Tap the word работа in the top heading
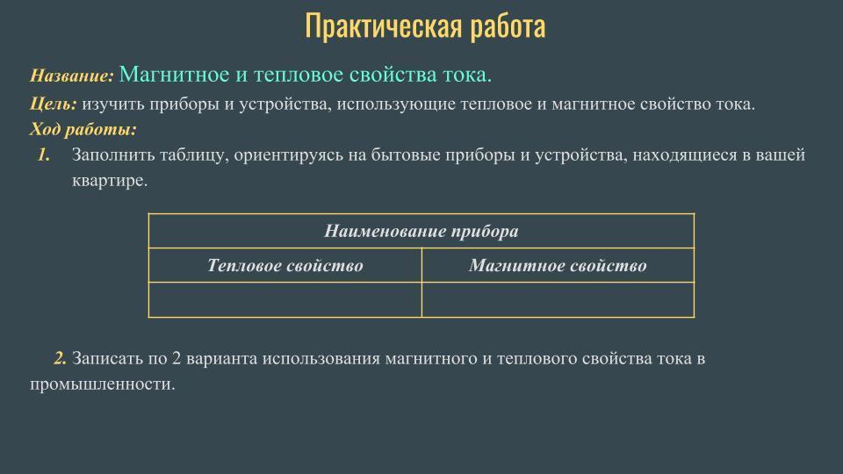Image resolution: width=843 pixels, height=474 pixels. (508, 26)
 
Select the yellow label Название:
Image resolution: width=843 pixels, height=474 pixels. (72, 75)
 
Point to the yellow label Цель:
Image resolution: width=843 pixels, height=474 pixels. (54, 104)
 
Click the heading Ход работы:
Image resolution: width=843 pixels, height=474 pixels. (83, 129)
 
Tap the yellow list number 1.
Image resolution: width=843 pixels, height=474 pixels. (44, 154)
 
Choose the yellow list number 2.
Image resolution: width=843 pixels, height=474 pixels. (61, 358)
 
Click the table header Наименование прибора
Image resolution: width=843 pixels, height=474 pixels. (421, 231)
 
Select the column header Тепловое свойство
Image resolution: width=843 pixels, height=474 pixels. (285, 265)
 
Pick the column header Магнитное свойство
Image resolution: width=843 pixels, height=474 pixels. (558, 265)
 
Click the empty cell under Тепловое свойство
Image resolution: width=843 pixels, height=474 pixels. (285, 300)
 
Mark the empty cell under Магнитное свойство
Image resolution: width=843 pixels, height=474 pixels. (558, 300)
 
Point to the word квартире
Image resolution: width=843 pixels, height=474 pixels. (110, 181)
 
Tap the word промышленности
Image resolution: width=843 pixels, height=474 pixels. (103, 384)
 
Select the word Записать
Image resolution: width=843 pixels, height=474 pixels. (106, 358)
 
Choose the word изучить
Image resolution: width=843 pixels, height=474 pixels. (113, 104)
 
